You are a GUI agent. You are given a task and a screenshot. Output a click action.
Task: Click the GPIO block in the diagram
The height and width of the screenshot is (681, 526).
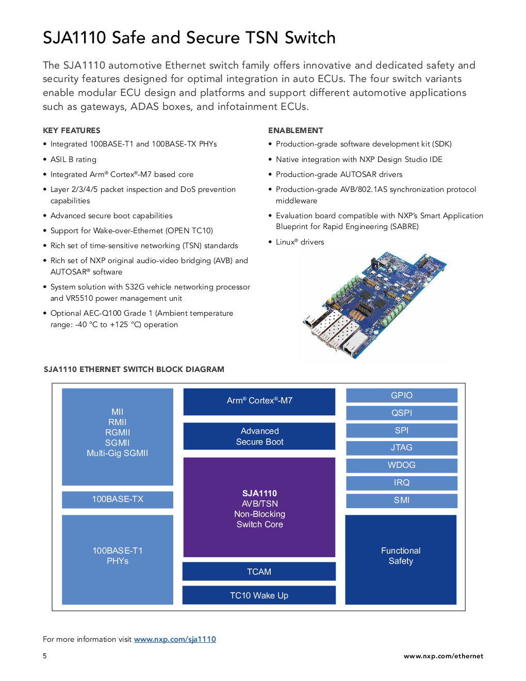click(401, 395)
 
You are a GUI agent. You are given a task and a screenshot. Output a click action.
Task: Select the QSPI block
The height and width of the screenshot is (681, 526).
click(401, 413)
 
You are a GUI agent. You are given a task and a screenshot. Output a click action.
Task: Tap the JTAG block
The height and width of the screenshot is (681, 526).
click(401, 448)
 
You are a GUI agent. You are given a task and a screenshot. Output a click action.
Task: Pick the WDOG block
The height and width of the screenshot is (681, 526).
click(401, 465)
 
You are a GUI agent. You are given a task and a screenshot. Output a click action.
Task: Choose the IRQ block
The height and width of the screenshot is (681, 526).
click(401, 483)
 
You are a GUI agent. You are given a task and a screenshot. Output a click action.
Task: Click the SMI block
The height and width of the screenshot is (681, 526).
click(401, 500)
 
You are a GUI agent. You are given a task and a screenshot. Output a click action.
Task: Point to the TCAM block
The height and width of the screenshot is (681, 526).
click(259, 571)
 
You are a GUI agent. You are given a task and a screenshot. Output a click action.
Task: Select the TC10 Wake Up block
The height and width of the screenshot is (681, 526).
click(259, 595)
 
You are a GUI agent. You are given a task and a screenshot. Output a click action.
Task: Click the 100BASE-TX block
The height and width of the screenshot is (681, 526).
click(118, 499)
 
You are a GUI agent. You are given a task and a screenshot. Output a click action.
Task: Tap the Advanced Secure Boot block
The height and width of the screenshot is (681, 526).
click(259, 436)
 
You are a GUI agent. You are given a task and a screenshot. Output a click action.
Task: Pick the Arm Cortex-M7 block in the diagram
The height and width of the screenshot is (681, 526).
click(259, 401)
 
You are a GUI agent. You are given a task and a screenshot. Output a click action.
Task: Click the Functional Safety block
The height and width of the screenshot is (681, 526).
click(401, 559)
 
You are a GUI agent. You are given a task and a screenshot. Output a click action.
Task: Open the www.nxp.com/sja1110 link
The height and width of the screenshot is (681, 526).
click(175, 639)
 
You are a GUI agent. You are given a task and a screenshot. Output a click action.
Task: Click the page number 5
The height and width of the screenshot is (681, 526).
click(45, 656)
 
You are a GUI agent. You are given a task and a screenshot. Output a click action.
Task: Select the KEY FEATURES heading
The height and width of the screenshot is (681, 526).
click(72, 131)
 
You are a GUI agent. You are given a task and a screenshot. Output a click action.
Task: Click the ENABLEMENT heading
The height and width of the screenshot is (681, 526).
click(295, 131)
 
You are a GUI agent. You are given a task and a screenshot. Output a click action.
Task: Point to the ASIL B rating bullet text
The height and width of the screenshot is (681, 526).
click(73, 159)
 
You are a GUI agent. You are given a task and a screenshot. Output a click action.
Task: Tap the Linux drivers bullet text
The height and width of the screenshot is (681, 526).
click(300, 242)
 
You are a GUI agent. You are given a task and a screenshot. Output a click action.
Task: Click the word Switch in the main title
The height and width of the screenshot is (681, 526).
click(310, 38)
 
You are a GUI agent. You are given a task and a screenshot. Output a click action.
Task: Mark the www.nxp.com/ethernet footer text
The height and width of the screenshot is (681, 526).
click(443, 656)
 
